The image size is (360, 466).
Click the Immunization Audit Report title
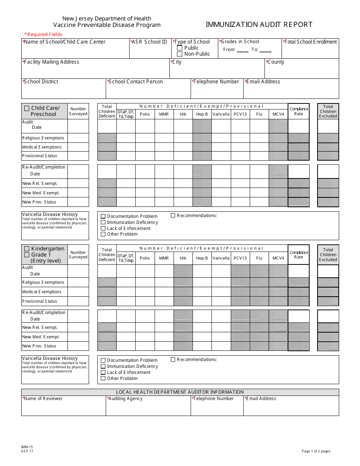pos(259,25)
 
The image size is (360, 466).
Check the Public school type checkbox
pos(180,48)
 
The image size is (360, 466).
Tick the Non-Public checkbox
pos(180,54)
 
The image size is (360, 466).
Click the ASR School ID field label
pos(149,42)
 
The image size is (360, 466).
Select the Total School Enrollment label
pos(310,42)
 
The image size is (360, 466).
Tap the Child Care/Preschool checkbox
pos(27,108)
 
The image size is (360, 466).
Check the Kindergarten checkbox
pos(27,249)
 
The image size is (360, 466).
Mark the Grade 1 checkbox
pos(27,255)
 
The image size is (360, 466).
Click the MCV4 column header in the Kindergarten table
pos(278,258)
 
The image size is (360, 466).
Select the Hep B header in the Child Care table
pos(202,114)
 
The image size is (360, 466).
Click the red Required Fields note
pos(43,34)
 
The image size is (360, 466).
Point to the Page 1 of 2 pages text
pos(316,451)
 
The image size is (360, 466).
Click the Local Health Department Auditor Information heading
pos(180,392)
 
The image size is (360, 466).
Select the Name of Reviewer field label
pos(42,399)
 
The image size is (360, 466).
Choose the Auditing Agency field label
pos(125,399)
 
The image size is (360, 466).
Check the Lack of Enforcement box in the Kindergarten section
pos(103,372)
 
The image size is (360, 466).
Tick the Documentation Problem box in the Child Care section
pos(103,216)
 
